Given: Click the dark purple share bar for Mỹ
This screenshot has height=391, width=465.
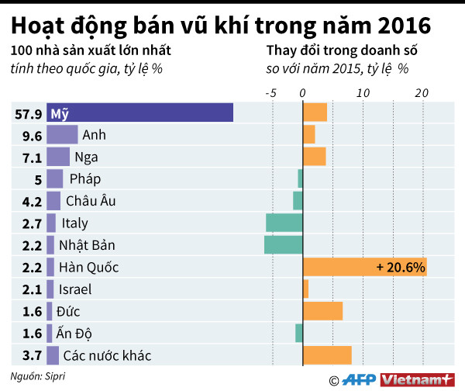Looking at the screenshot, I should tap(139, 112).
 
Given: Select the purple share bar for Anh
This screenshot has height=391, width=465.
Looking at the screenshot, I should tap(62, 134).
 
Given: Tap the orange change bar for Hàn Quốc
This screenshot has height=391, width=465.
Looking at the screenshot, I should tap(364, 268).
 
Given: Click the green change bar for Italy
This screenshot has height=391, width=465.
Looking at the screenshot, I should tap(284, 223).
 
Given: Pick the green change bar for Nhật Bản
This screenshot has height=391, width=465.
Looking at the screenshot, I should tap(283, 245).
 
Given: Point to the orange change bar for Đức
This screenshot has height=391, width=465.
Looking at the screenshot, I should tap(322, 312).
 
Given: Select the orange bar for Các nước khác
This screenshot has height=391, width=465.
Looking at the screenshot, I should tap(327, 356).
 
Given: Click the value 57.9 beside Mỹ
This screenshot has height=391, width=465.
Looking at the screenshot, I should tap(28, 113).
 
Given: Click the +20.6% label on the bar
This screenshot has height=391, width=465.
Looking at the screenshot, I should tap(401, 268).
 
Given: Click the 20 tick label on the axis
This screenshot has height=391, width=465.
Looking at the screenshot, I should tap(422, 92).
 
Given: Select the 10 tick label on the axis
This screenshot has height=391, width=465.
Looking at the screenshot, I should tap(361, 92).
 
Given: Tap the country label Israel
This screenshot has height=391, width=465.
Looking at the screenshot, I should tap(75, 289).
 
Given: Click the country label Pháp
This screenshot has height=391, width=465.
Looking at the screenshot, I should tap(85, 179).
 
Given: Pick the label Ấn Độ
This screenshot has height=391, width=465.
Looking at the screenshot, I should tap(74, 334).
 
